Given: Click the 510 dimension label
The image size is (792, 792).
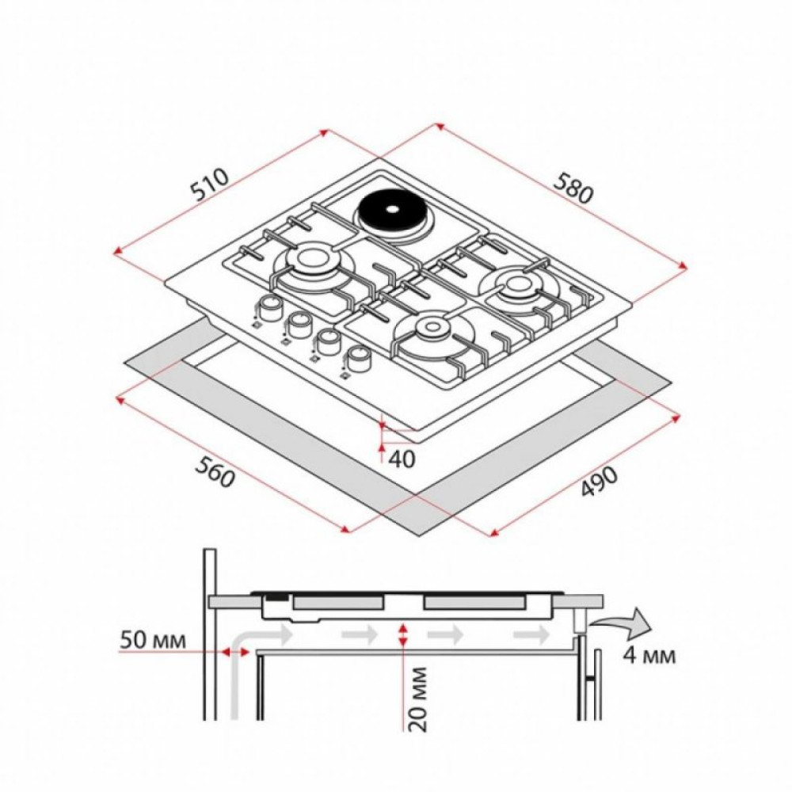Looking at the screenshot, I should click(210, 186).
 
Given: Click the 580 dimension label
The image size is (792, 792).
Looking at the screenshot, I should click(573, 190).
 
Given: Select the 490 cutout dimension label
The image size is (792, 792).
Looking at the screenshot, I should click(599, 481).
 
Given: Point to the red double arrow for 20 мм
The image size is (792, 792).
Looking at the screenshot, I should click(404, 633).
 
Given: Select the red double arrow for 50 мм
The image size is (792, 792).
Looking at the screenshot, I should click(234, 651).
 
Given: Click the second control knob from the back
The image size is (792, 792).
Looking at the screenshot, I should click(299, 322).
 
